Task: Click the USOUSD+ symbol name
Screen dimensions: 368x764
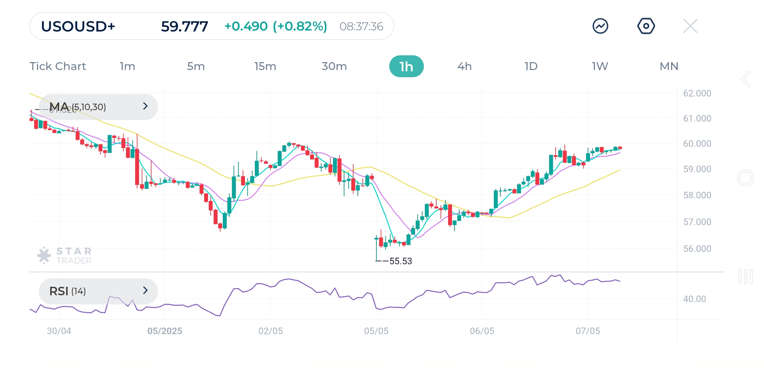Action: pyautogui.click(x=78, y=27)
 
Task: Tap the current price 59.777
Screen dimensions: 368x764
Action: pyautogui.click(x=184, y=27)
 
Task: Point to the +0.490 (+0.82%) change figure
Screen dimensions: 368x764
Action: pyautogui.click(x=276, y=27)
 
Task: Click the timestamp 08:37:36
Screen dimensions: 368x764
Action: pyautogui.click(x=361, y=27)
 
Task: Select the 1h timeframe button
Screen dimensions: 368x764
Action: pyautogui.click(x=406, y=66)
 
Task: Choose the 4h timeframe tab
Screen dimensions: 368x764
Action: pyautogui.click(x=464, y=66)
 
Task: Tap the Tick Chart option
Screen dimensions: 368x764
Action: pyautogui.click(x=58, y=66)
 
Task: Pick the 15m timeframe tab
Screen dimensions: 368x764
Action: pyautogui.click(x=265, y=66)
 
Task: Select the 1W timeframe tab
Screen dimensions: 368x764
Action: pyautogui.click(x=600, y=66)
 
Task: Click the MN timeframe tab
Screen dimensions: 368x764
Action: pyautogui.click(x=669, y=66)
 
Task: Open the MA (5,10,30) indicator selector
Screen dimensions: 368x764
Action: pyautogui.click(x=98, y=107)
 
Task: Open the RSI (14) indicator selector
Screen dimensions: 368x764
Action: pyautogui.click(x=98, y=291)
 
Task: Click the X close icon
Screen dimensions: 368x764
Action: pyautogui.click(x=690, y=26)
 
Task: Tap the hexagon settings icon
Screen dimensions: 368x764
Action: pyautogui.click(x=646, y=26)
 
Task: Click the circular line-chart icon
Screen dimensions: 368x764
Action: pyautogui.click(x=600, y=26)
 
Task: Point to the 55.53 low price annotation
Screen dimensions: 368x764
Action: pyautogui.click(x=400, y=261)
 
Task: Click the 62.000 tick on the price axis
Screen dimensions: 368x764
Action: pyautogui.click(x=697, y=94)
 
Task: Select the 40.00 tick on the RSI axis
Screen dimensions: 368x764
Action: pyautogui.click(x=694, y=299)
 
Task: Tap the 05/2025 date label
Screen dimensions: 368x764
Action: pyautogui.click(x=165, y=331)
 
